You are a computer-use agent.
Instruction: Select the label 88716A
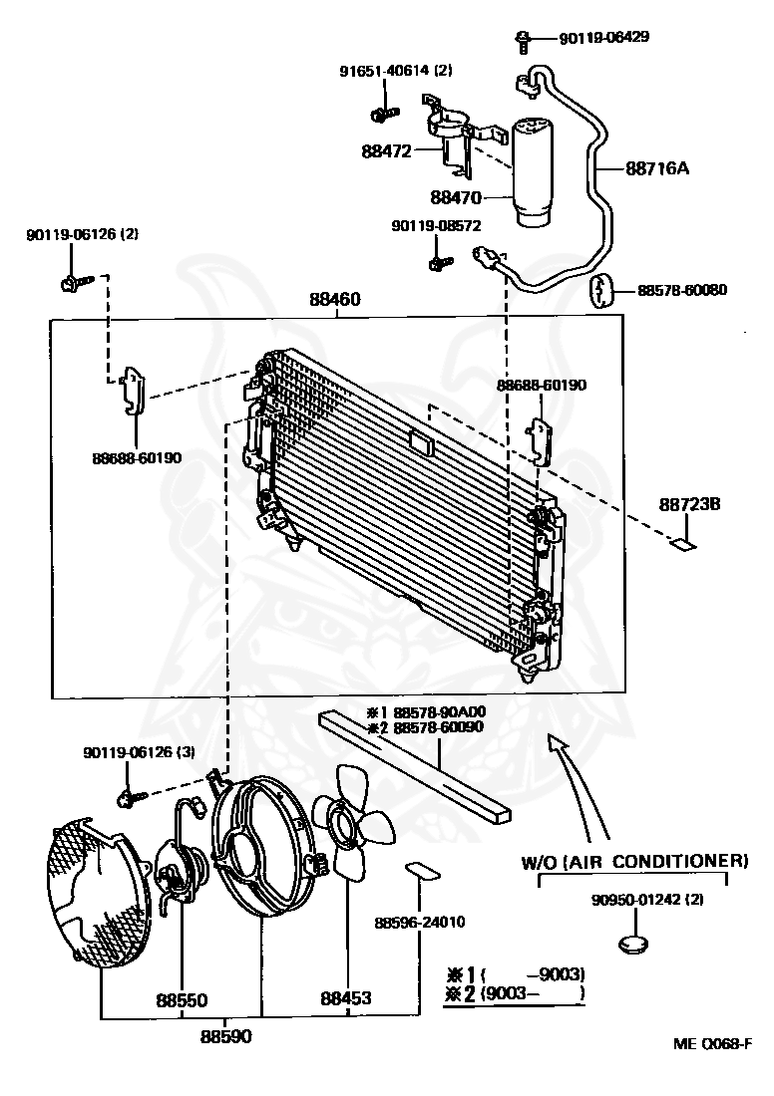point(657,168)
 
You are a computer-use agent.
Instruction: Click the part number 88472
point(386,151)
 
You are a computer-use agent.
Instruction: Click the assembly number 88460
point(334,299)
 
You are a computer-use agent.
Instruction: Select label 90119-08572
point(436,227)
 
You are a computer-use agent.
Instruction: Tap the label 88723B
point(688,504)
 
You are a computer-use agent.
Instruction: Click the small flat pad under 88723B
point(682,544)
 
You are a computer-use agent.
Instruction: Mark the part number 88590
point(225,1036)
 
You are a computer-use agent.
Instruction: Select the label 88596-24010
point(420,923)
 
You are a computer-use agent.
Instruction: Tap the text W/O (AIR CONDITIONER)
point(634,860)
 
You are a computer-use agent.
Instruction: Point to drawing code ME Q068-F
point(711,1044)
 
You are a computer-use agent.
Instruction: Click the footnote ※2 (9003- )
point(515,993)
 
